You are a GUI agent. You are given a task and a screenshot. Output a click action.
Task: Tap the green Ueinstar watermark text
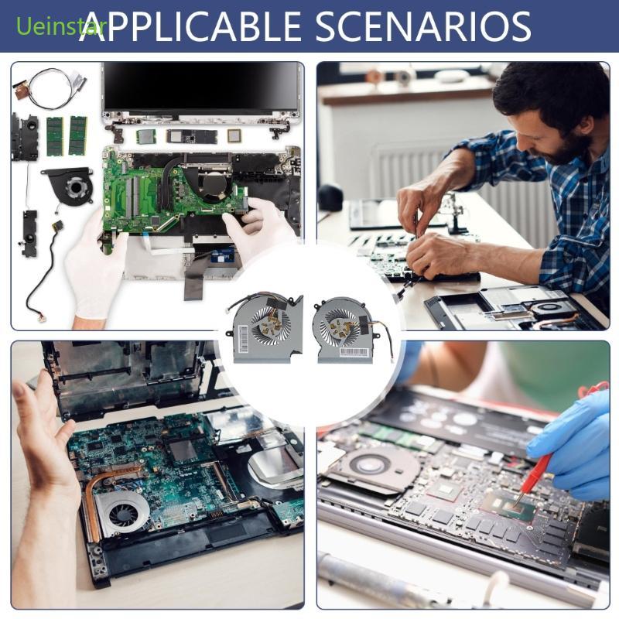click(51, 28)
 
